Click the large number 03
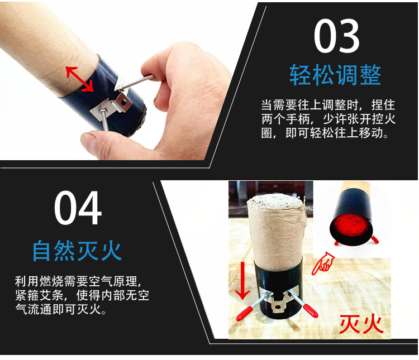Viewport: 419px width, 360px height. tap(336, 36)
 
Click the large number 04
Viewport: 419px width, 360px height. tap(78, 208)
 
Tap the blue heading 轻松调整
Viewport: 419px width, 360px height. tap(335, 75)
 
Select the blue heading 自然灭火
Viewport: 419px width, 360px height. tap(77, 250)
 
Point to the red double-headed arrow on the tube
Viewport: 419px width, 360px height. tap(80, 79)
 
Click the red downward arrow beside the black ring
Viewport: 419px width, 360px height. tap(242, 280)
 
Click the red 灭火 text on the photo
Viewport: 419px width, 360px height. tap(361, 324)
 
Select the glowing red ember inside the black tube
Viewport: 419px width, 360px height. tap(350, 225)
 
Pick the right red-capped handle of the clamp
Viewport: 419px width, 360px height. tap(310, 310)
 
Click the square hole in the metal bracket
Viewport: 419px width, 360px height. tap(123, 102)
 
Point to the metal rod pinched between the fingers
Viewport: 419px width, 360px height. tap(136, 82)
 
